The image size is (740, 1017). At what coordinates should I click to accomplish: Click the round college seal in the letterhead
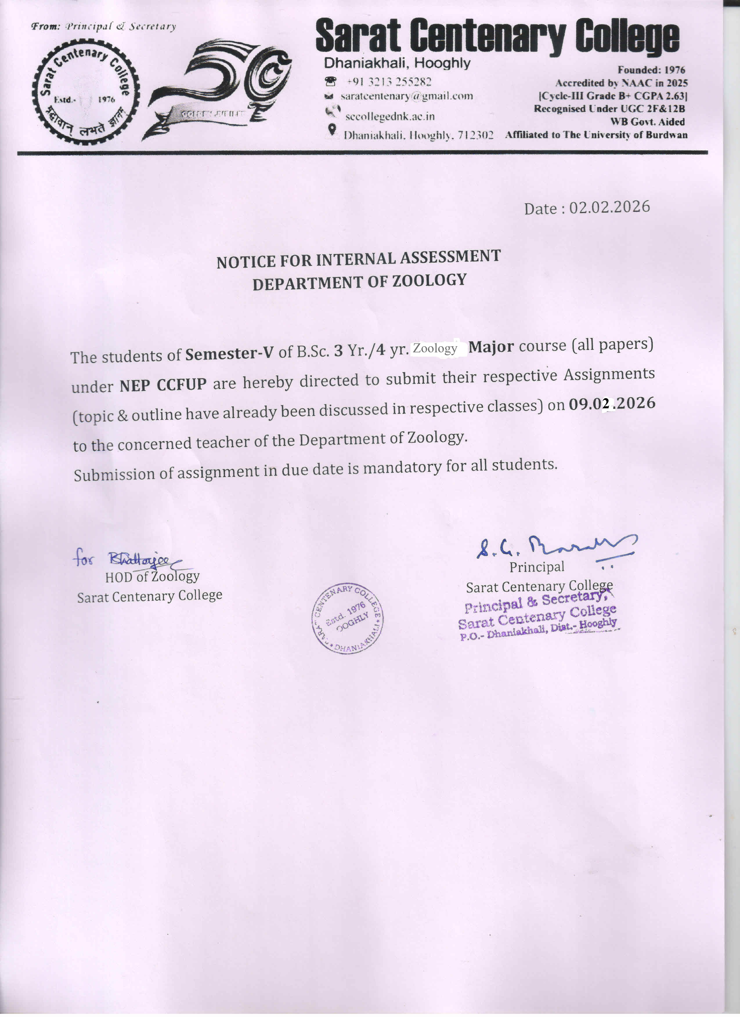click(x=85, y=92)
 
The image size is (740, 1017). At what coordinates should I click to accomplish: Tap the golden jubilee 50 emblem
click(x=220, y=88)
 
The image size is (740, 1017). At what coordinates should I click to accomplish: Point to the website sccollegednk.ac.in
click(x=390, y=117)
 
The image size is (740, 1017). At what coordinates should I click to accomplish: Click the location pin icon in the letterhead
click(x=332, y=130)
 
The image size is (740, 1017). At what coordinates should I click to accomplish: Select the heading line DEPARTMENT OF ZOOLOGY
click(x=360, y=282)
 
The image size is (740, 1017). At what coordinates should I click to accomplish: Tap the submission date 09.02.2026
click(x=612, y=404)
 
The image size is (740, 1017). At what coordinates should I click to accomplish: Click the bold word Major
click(x=491, y=347)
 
